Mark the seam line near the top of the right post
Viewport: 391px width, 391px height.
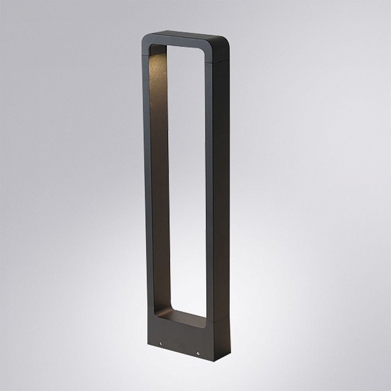click(215, 61)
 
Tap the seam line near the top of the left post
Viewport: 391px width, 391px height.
click(147, 57)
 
